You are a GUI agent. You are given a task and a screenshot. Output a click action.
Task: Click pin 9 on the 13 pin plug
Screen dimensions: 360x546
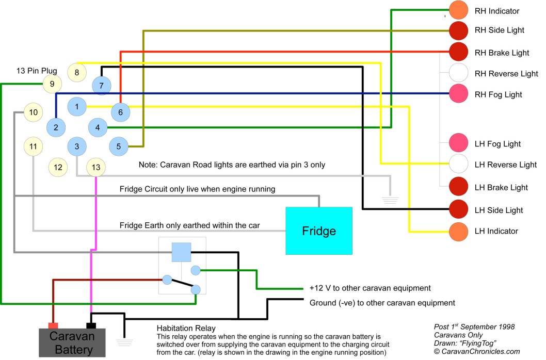point(52,84)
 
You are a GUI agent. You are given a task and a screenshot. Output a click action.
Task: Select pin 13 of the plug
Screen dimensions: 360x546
point(97,167)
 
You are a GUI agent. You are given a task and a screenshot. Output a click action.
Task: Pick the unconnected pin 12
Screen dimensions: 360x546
point(58,167)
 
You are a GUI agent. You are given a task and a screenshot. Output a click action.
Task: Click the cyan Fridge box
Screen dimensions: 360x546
point(319,231)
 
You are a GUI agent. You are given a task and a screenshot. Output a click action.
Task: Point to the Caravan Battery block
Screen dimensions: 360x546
point(72,342)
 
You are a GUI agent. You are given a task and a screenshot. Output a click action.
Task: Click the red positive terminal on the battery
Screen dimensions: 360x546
point(53,325)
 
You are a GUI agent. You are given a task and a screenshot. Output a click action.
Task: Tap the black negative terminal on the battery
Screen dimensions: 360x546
point(91,325)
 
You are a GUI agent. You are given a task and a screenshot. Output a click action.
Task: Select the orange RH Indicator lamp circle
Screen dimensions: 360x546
point(458,10)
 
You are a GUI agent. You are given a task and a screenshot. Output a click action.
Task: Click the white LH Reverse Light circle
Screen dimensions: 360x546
point(458,164)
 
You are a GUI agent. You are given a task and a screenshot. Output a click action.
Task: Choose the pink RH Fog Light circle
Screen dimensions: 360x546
point(458,94)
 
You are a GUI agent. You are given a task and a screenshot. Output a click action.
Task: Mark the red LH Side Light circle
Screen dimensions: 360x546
point(458,209)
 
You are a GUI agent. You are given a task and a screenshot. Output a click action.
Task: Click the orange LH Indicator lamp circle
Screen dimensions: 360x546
point(458,231)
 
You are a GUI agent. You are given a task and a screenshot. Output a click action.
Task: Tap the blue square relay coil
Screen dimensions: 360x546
point(181,252)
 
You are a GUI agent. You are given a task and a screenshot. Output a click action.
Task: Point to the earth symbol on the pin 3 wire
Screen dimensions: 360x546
point(391,195)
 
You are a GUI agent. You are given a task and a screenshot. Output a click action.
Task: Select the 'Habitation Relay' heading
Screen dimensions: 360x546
point(186,328)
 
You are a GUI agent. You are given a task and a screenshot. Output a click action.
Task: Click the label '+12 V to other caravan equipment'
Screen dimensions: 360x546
point(370,288)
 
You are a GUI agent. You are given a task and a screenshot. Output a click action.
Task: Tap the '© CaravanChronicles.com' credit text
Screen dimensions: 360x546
point(477,351)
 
